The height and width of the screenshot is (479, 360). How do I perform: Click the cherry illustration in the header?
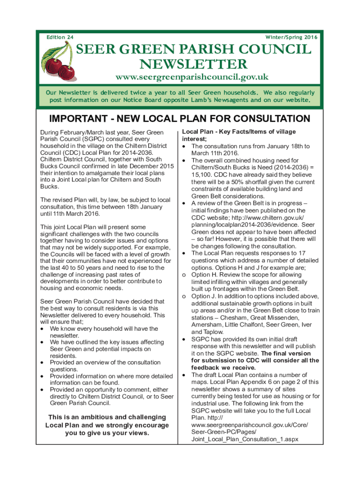[60, 63]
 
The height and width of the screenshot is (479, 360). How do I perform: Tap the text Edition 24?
[59, 37]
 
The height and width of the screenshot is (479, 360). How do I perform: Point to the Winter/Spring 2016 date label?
[291, 37]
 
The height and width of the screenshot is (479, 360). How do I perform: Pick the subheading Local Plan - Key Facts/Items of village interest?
[238, 135]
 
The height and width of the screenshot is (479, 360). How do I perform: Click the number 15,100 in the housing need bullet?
[201, 174]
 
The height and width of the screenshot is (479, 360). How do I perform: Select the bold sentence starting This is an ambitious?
[107, 425]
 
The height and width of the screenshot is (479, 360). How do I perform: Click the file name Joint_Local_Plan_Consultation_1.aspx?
[245, 439]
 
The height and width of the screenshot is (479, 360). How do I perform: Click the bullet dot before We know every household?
[43, 328]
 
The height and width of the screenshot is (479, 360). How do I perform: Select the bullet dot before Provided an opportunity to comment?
[43, 389]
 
